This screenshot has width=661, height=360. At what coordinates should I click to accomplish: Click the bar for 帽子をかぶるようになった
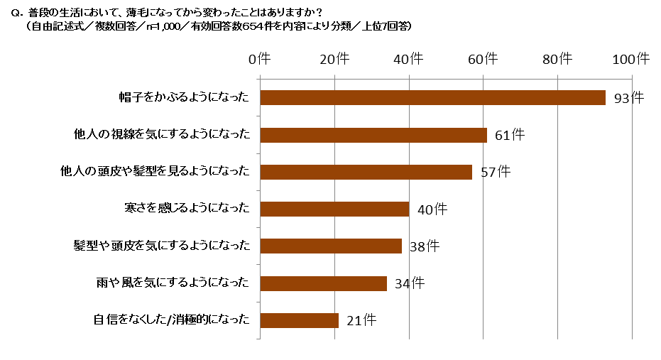[x=432, y=98]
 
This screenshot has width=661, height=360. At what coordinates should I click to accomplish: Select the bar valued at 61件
[x=373, y=135]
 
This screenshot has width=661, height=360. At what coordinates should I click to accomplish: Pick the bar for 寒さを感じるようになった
[x=334, y=209]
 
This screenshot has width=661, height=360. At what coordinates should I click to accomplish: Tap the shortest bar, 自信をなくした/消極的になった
[x=299, y=320]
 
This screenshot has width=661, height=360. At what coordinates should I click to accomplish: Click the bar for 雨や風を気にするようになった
[x=323, y=283]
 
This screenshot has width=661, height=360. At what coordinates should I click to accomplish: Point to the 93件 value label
[x=628, y=99]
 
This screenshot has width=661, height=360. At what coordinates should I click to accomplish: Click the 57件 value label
[x=495, y=173]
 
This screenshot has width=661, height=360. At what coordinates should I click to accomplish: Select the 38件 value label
[x=425, y=246]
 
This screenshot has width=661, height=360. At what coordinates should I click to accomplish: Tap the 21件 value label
[x=361, y=321]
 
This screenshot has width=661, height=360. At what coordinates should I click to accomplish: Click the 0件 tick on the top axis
[x=260, y=60]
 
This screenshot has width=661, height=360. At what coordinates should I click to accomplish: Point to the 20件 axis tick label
[x=334, y=60]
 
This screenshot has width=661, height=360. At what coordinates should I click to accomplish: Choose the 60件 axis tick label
[x=484, y=60]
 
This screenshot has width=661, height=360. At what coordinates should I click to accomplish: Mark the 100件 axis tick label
[x=630, y=60]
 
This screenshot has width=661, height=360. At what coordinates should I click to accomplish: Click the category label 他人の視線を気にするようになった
[x=162, y=134]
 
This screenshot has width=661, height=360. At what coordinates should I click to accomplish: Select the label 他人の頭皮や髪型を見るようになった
[x=156, y=172]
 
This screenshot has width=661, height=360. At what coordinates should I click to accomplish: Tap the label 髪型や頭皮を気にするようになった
[x=162, y=246]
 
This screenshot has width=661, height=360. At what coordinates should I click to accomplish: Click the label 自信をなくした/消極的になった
[x=172, y=320]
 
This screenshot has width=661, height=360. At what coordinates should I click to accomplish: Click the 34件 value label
[x=410, y=284]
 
